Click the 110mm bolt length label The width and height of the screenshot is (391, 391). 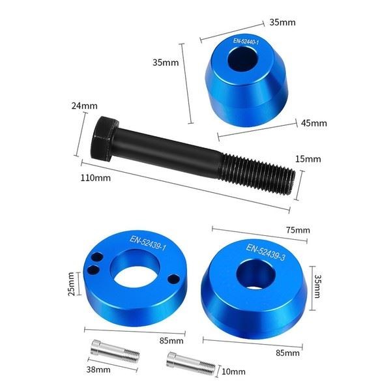point(96,178)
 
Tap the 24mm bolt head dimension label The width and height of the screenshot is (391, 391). point(84,106)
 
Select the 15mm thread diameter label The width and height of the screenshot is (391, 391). point(308,159)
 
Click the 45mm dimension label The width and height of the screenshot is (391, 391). point(314,123)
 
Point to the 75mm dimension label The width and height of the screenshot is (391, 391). point(298,229)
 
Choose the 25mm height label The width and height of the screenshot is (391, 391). point(71,284)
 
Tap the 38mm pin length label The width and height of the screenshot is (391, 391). point(98,369)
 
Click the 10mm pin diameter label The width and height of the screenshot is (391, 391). point(233,371)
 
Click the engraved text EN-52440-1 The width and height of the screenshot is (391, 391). point(246,42)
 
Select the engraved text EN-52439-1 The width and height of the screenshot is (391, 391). point(148,243)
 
